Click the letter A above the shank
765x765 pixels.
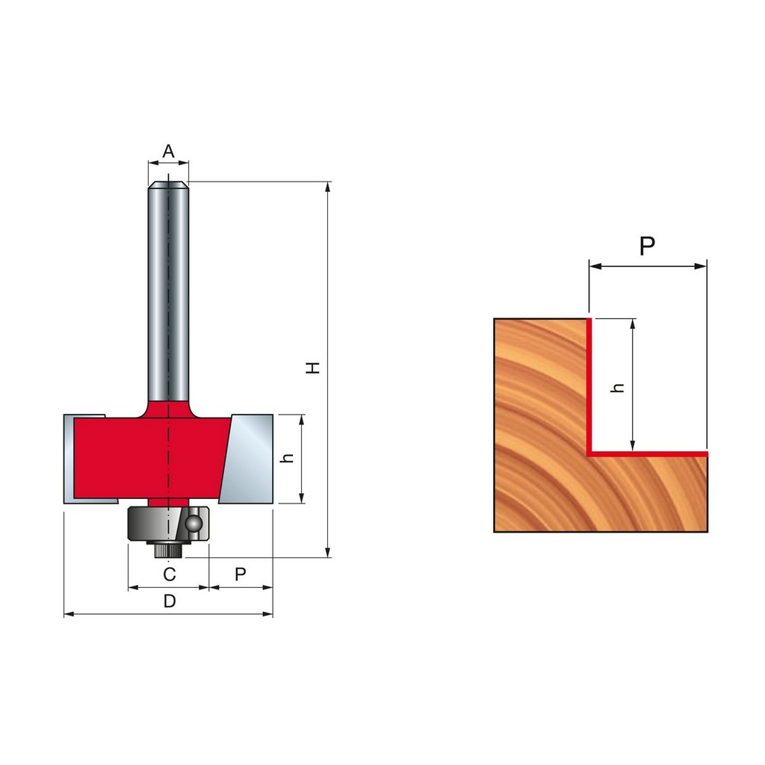[168, 151]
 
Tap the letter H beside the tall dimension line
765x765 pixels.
[313, 368]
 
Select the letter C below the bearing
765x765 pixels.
[170, 574]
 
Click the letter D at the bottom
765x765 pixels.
[170, 601]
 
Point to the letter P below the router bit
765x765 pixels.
[240, 574]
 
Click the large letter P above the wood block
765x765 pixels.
[647, 246]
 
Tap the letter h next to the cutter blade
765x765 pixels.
[288, 458]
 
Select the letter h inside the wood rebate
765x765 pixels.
[618, 388]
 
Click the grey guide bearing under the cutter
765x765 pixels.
[168, 524]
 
